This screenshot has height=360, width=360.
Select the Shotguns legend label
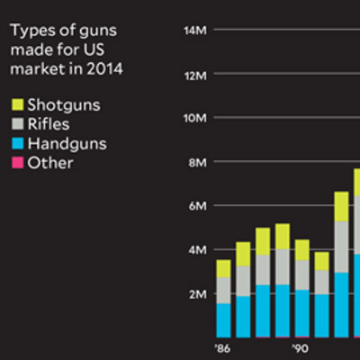click(x=63, y=104)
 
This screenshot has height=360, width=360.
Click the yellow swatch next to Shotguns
click(x=16, y=104)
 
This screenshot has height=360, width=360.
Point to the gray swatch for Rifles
click(x=16, y=124)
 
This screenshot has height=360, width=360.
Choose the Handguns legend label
click(x=67, y=143)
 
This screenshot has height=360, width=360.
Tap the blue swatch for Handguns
click(x=16, y=143)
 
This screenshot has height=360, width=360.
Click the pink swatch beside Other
click(x=16, y=163)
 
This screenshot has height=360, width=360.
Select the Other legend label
click(x=49, y=163)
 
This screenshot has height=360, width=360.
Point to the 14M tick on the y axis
click(x=196, y=31)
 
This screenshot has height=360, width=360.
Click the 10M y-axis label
click(x=196, y=118)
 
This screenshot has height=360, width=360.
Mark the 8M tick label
click(x=199, y=162)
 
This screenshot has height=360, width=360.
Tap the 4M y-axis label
click(x=199, y=249)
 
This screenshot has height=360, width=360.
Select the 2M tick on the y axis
click(x=199, y=293)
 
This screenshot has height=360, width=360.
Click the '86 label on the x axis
click(x=222, y=346)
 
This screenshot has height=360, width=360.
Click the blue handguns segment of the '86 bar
click(x=223, y=319)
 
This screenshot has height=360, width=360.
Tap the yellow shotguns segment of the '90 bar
click(x=302, y=249)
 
